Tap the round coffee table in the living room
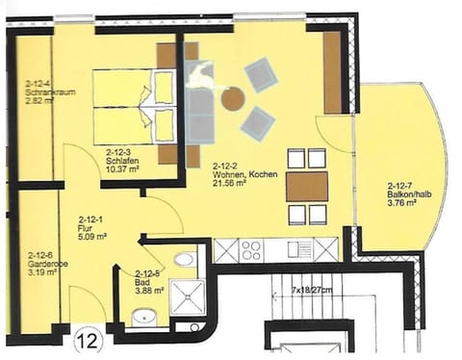point(232,97)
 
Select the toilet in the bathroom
point(185,259)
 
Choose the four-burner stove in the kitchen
point(251,250)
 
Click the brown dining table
point(306,186)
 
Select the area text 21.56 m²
point(230,181)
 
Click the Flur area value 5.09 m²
point(91,235)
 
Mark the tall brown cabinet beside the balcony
point(333,72)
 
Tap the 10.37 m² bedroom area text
point(123,169)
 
